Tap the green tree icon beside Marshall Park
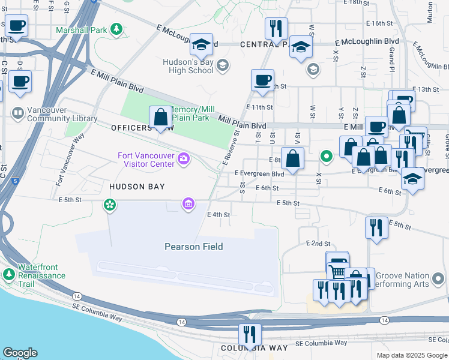[116, 29]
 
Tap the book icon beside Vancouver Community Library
[18, 113]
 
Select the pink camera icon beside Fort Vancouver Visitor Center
[184, 158]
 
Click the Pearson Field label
[194, 247]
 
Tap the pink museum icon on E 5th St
[189, 205]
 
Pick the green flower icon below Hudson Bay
[109, 206]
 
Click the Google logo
[20, 353]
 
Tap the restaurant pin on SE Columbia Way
[249, 334]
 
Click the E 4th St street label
[218, 214]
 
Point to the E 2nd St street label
[318, 244]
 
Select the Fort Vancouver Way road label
[68, 160]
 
